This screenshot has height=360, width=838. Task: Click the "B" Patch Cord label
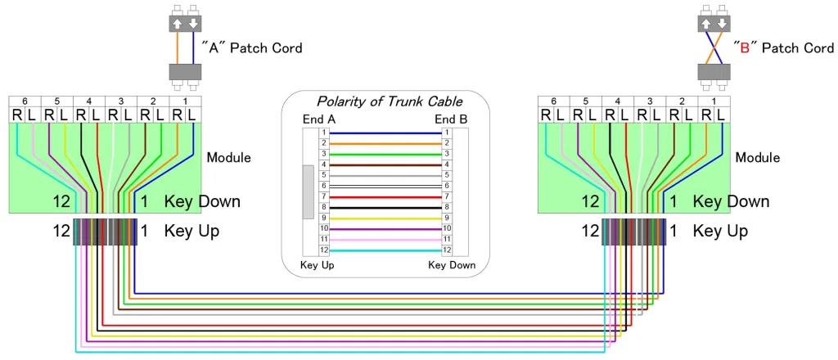pos(783,47)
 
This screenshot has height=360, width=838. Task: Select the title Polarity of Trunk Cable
pos(389,101)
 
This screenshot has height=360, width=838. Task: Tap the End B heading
pos(451,119)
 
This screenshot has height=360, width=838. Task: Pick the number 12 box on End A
pos(323,250)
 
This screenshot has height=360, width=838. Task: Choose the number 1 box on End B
pos(447,133)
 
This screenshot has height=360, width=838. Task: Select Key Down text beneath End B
pos(451,265)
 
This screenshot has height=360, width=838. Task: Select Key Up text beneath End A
pos(318,265)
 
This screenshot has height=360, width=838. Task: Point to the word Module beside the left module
pos(229,157)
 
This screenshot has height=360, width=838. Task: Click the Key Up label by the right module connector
pos(720,232)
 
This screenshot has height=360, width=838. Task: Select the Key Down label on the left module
pos(202,201)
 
